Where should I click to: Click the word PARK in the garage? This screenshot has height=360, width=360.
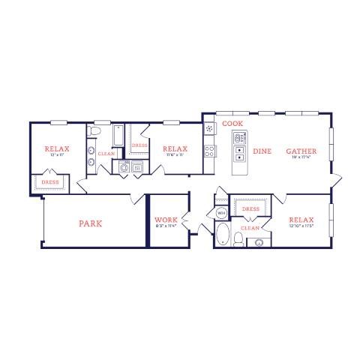90,223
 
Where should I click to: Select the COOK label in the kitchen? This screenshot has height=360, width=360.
232,123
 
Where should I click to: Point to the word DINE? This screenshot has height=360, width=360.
262,151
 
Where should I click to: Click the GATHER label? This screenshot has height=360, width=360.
301,151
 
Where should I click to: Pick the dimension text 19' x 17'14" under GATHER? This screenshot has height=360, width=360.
301,158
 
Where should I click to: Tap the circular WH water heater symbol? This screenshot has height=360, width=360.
221,213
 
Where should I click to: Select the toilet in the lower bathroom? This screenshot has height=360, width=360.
238,239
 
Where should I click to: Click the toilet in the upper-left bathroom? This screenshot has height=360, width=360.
94,133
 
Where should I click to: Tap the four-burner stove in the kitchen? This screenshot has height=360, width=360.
211,150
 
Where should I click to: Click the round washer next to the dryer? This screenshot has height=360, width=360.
124,167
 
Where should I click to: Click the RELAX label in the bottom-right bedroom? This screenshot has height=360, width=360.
301,220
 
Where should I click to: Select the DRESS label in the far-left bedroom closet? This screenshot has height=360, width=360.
50,181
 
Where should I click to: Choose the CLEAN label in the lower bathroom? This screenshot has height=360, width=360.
250,227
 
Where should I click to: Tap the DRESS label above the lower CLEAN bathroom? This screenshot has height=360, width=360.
250,209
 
